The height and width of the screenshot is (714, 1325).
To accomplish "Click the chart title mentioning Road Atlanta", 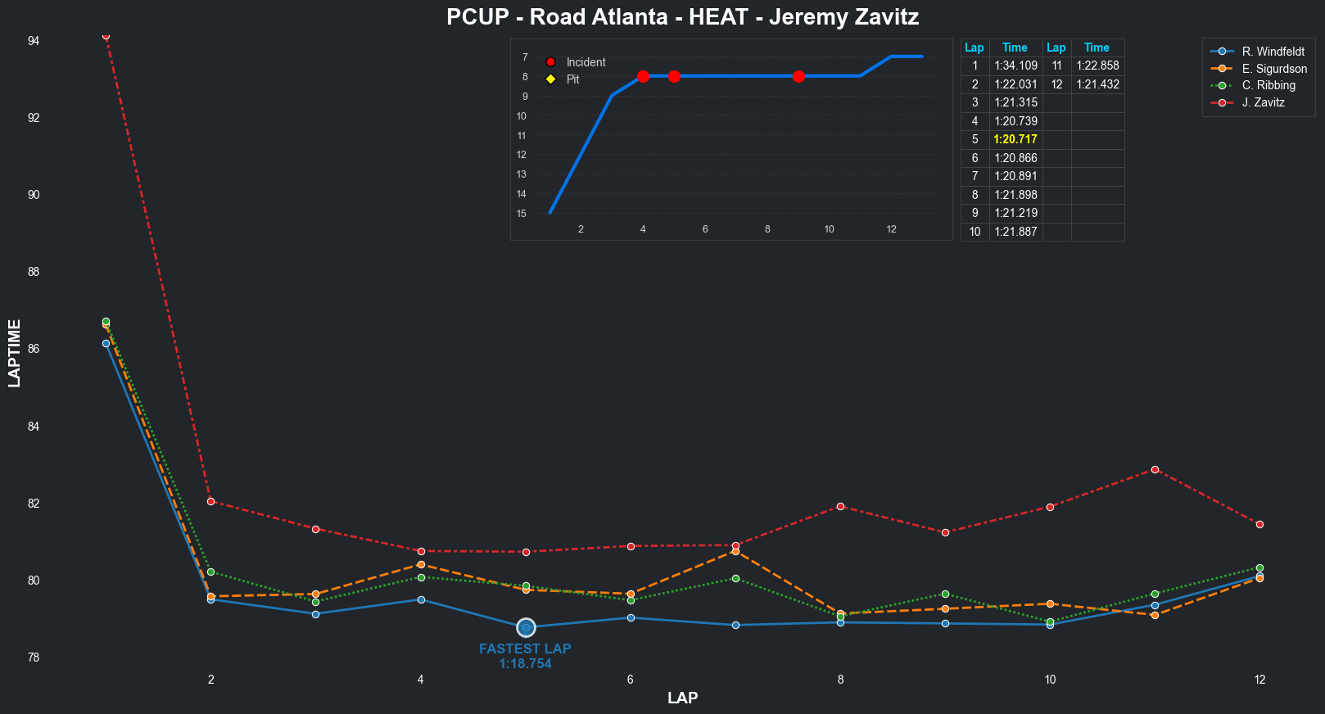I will (x=682, y=17).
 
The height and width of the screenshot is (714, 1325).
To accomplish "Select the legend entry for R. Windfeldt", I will (x=1273, y=52).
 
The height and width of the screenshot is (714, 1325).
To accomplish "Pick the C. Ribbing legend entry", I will (x=1268, y=85).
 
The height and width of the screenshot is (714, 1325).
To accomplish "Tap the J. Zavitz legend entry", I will (x=1263, y=102).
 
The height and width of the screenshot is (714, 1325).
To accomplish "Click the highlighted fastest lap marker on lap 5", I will (x=526, y=628).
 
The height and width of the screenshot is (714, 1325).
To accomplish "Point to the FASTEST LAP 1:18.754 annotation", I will (x=525, y=656).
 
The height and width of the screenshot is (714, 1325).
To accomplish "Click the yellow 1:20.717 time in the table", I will (x=1015, y=139).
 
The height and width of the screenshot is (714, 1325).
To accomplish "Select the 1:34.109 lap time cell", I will (x=1015, y=66).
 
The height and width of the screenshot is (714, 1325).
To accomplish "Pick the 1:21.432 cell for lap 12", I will (x=1097, y=84).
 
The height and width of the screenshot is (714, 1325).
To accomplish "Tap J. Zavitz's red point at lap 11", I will (x=1155, y=470).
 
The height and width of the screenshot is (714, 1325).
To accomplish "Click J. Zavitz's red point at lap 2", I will (x=211, y=501).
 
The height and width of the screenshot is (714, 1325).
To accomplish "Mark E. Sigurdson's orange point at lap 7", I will (x=735, y=552).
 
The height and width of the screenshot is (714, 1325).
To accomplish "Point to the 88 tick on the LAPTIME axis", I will (x=34, y=272).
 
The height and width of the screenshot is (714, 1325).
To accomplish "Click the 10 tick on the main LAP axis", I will (x=1050, y=680).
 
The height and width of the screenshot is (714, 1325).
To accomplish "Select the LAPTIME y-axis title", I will (x=15, y=353).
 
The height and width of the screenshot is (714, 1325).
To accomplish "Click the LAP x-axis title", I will (x=682, y=698).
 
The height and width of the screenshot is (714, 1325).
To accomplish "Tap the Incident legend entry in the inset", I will (x=586, y=62).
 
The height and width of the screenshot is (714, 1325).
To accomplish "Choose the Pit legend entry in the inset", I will (x=572, y=79).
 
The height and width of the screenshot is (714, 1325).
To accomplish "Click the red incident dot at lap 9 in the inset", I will (x=798, y=76).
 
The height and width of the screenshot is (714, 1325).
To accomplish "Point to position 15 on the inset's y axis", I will (x=522, y=214).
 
